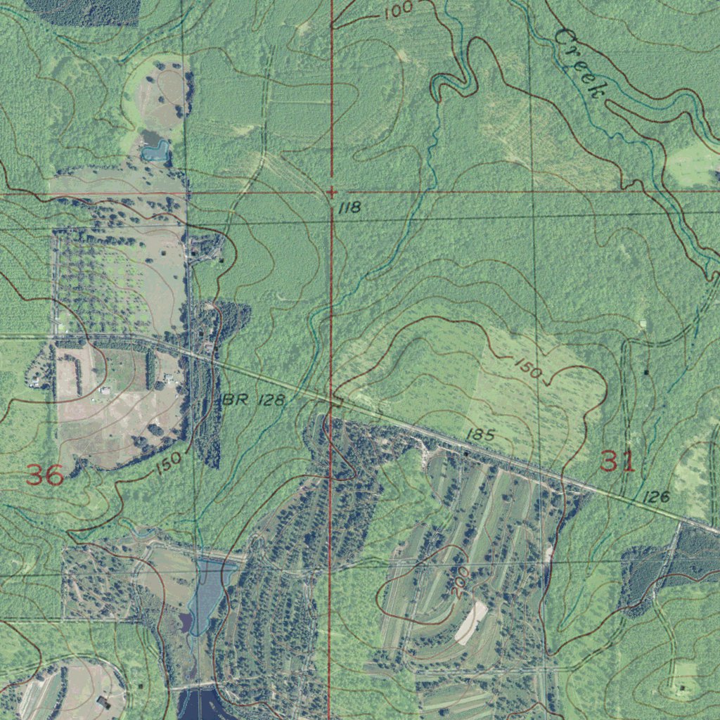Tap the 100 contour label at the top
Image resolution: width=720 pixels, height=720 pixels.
tap(399, 11)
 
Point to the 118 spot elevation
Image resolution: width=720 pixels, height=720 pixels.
tap(349, 207)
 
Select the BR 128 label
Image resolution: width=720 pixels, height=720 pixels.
tap(255, 400)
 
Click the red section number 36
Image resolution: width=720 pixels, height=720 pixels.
tap(45, 475)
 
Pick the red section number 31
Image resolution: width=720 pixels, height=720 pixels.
tap(617, 462)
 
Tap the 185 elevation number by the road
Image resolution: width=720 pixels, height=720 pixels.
tap(480, 435)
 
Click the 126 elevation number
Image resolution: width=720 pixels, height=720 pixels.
tap(655, 497)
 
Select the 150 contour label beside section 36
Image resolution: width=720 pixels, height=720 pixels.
tap(168, 463)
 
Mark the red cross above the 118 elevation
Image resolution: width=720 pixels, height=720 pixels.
tap(331, 191)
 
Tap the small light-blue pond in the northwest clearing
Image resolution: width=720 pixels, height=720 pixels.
tap(155, 150)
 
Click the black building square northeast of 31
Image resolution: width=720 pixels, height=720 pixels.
tap(646, 371)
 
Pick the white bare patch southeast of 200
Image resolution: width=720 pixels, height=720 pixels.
tap(470, 622)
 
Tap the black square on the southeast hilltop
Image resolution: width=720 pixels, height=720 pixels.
tap(681, 686)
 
